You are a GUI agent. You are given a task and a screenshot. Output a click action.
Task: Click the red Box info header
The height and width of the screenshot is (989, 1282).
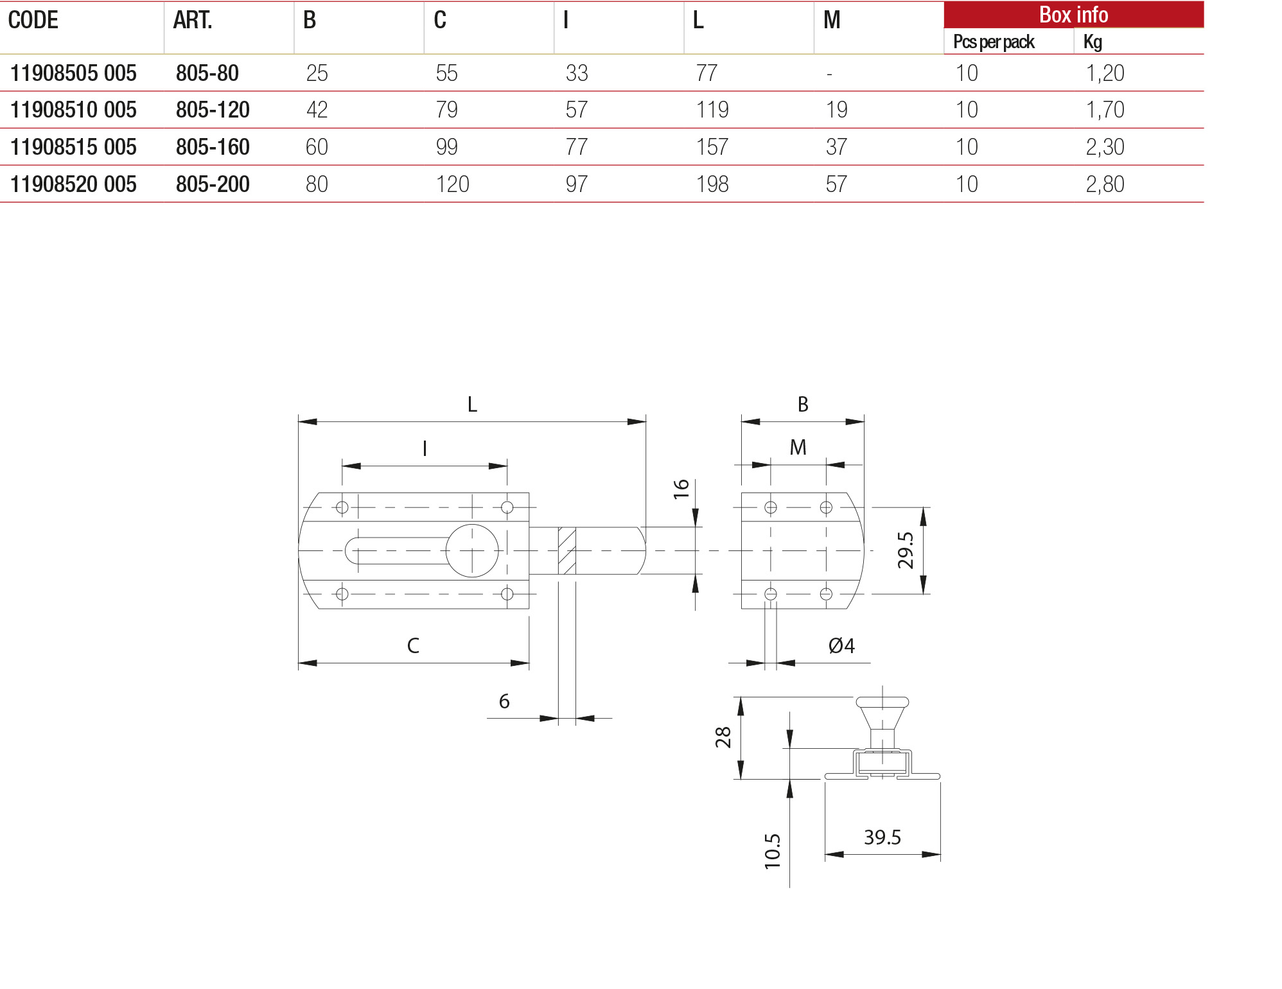pyautogui.click(x=1073, y=15)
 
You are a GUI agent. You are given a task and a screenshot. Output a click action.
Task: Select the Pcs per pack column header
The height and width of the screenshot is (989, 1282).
pyautogui.click(x=993, y=42)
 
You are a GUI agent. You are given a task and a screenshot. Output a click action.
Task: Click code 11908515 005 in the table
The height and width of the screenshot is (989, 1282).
pyautogui.click(x=73, y=147)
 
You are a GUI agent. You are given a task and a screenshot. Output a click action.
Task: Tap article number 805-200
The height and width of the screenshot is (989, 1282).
pyautogui.click(x=213, y=184)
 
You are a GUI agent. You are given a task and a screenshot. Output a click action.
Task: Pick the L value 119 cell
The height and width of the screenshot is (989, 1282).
pyautogui.click(x=712, y=110)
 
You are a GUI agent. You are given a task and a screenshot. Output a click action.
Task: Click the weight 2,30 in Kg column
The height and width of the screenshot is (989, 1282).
pyautogui.click(x=1105, y=147)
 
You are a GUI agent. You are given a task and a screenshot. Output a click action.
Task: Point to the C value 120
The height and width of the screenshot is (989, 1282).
pyautogui.click(x=452, y=184)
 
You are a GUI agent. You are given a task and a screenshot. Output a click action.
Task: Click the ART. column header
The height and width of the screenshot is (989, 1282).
pyautogui.click(x=192, y=21)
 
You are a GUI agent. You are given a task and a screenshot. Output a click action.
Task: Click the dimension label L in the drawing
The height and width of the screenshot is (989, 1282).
pyautogui.click(x=472, y=405)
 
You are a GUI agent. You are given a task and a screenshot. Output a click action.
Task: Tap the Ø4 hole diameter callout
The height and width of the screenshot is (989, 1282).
pyautogui.click(x=841, y=645)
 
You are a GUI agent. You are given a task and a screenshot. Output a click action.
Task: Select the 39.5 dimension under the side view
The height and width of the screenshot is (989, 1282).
pyautogui.click(x=882, y=837)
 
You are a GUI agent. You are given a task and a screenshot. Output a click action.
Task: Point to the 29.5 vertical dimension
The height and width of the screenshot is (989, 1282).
pyautogui.click(x=906, y=550)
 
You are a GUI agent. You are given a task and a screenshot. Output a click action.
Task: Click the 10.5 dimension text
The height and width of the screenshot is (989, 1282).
pyautogui.click(x=773, y=852)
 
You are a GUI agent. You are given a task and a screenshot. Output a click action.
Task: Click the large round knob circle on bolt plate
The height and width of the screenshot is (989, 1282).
pyautogui.click(x=472, y=550)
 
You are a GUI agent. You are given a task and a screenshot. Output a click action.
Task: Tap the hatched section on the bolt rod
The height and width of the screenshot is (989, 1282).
pyautogui.click(x=566, y=550)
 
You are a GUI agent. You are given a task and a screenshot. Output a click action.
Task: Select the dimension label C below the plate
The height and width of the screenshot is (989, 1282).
pyautogui.click(x=413, y=645)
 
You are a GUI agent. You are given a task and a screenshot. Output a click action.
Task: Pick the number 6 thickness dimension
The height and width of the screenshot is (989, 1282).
pyautogui.click(x=504, y=701)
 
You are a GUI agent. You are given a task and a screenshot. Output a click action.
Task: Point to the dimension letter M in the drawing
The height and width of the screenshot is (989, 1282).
pyautogui.click(x=798, y=448)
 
